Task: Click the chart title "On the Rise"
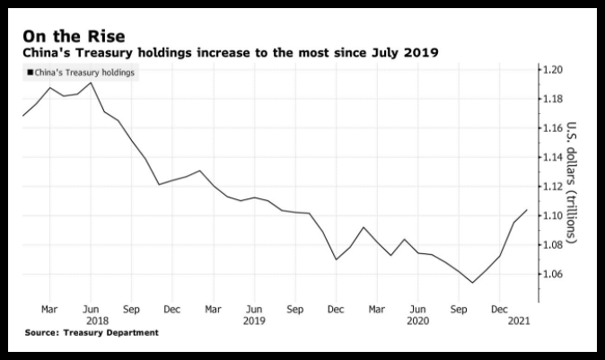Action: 75,37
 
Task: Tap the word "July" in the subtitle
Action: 385,52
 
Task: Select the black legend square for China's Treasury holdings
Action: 31,72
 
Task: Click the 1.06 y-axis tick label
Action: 553,275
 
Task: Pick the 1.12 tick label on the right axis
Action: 553,187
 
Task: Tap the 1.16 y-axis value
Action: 553,128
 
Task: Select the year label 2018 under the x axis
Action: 97,321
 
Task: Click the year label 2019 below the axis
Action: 254,321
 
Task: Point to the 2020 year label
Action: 418,321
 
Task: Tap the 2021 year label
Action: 519,321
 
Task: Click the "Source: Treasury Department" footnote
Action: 92,332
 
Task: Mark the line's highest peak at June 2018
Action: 91,83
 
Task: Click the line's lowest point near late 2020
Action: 472,283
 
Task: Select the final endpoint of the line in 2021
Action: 527,210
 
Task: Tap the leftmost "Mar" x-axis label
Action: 49,310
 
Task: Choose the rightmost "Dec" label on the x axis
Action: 499,310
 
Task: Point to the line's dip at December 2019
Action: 336,259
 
